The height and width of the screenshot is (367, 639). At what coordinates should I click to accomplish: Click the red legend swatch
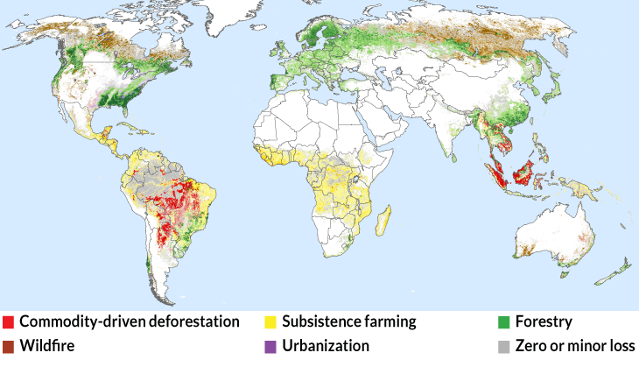click(8, 322)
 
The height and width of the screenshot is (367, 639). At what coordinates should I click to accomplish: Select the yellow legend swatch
click(270, 322)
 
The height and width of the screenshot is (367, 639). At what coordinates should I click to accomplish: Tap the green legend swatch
click(504, 322)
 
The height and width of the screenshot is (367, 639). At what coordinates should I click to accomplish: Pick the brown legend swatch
click(8, 347)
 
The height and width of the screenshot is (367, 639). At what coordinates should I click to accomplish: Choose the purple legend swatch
click(270, 347)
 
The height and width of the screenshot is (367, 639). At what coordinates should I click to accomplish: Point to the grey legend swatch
click(504, 347)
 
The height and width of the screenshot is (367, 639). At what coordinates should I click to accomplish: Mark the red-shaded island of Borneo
click(524, 168)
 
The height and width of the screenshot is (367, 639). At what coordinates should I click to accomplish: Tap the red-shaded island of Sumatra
click(497, 173)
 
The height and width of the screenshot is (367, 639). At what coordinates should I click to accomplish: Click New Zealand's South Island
click(608, 275)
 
